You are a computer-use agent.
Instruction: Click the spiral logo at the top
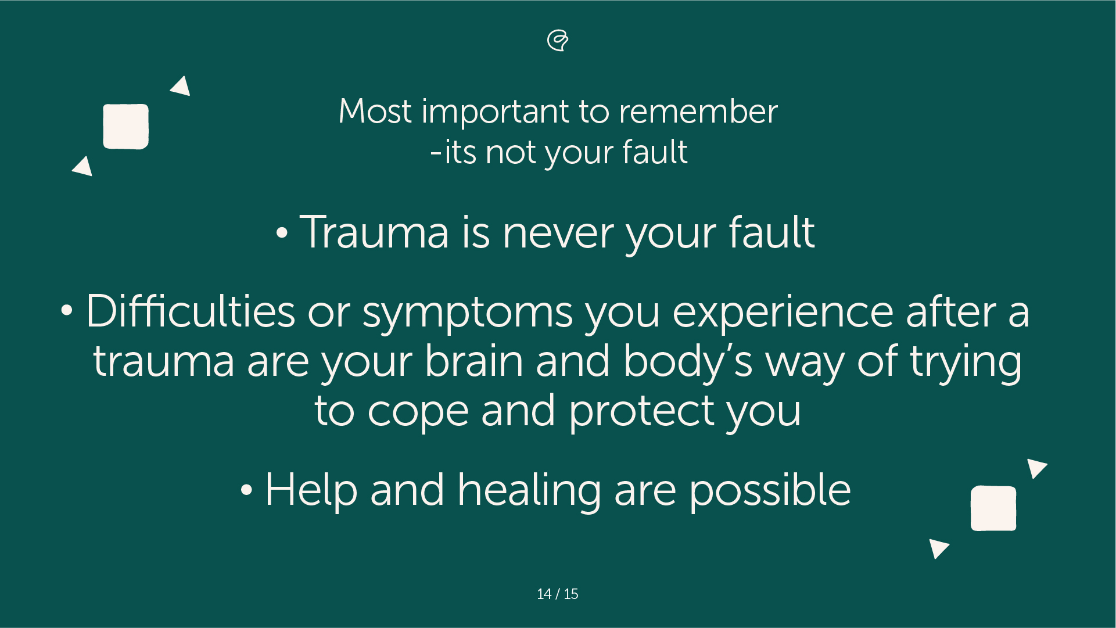point(558,40)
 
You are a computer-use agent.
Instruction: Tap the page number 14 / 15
point(558,594)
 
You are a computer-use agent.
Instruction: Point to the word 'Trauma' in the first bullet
point(374,232)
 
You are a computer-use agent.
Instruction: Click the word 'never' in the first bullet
point(557,232)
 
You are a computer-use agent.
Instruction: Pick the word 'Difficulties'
point(190,311)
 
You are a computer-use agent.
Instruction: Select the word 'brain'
point(473,361)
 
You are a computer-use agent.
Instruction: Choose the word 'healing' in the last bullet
point(529,491)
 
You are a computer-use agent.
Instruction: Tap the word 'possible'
point(770,491)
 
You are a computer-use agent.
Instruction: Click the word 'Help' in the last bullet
point(311,491)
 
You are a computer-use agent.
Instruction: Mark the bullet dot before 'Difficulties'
point(67,311)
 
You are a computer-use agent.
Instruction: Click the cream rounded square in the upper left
point(125,127)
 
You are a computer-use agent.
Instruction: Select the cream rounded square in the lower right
point(993,508)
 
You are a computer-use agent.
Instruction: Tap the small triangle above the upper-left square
point(181,87)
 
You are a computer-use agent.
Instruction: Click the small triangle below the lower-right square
point(938,547)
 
